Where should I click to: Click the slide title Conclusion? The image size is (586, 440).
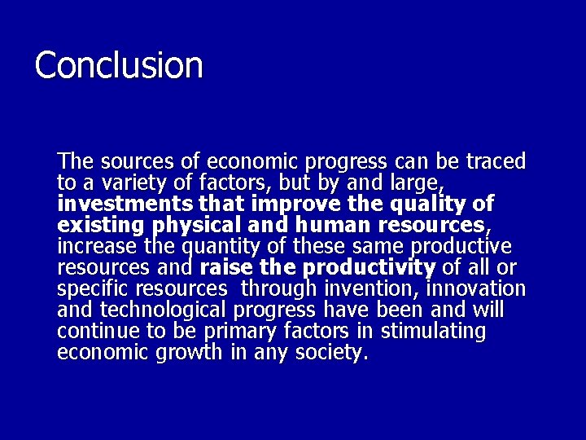point(119,65)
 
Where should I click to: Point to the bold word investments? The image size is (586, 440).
point(124,203)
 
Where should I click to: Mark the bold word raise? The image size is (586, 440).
point(226,266)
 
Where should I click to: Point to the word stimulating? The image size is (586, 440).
point(433,331)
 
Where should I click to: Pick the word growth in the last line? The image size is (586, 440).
point(184,352)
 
